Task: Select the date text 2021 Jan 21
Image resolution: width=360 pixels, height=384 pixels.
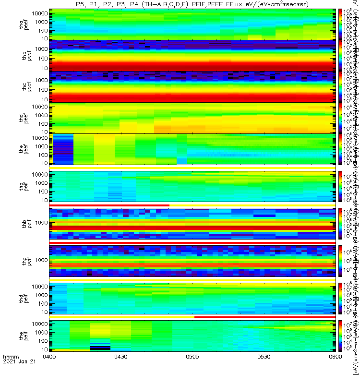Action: click(x=17, y=376)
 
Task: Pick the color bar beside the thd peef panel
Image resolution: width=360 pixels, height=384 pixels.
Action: click(x=340, y=118)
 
